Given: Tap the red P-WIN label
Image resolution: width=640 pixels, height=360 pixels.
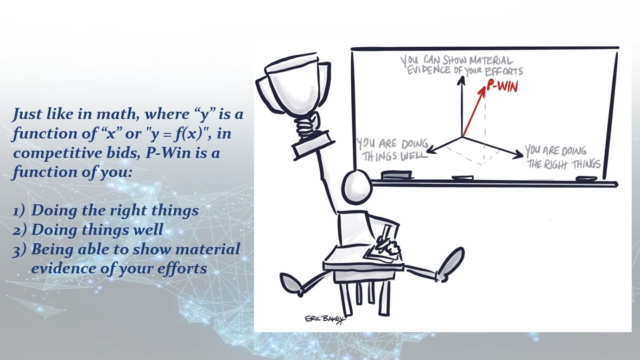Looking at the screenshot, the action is tap(502, 86).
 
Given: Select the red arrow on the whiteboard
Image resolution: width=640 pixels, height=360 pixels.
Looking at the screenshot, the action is tap(474, 111).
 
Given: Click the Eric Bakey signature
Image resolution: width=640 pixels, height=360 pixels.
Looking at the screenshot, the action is tap(325, 319).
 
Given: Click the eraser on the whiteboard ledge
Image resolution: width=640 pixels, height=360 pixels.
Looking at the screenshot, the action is tap(397, 175).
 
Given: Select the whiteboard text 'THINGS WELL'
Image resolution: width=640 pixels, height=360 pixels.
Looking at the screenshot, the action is tap(395, 156).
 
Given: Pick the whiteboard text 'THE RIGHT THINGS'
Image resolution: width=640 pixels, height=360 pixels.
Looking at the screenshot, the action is tap(564, 164).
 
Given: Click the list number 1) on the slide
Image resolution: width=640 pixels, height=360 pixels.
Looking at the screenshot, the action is tap(19, 212).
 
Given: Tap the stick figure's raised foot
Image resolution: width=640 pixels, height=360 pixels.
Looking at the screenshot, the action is tap(451, 264).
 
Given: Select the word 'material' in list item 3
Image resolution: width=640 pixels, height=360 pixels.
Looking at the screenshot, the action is tap(208, 249).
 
